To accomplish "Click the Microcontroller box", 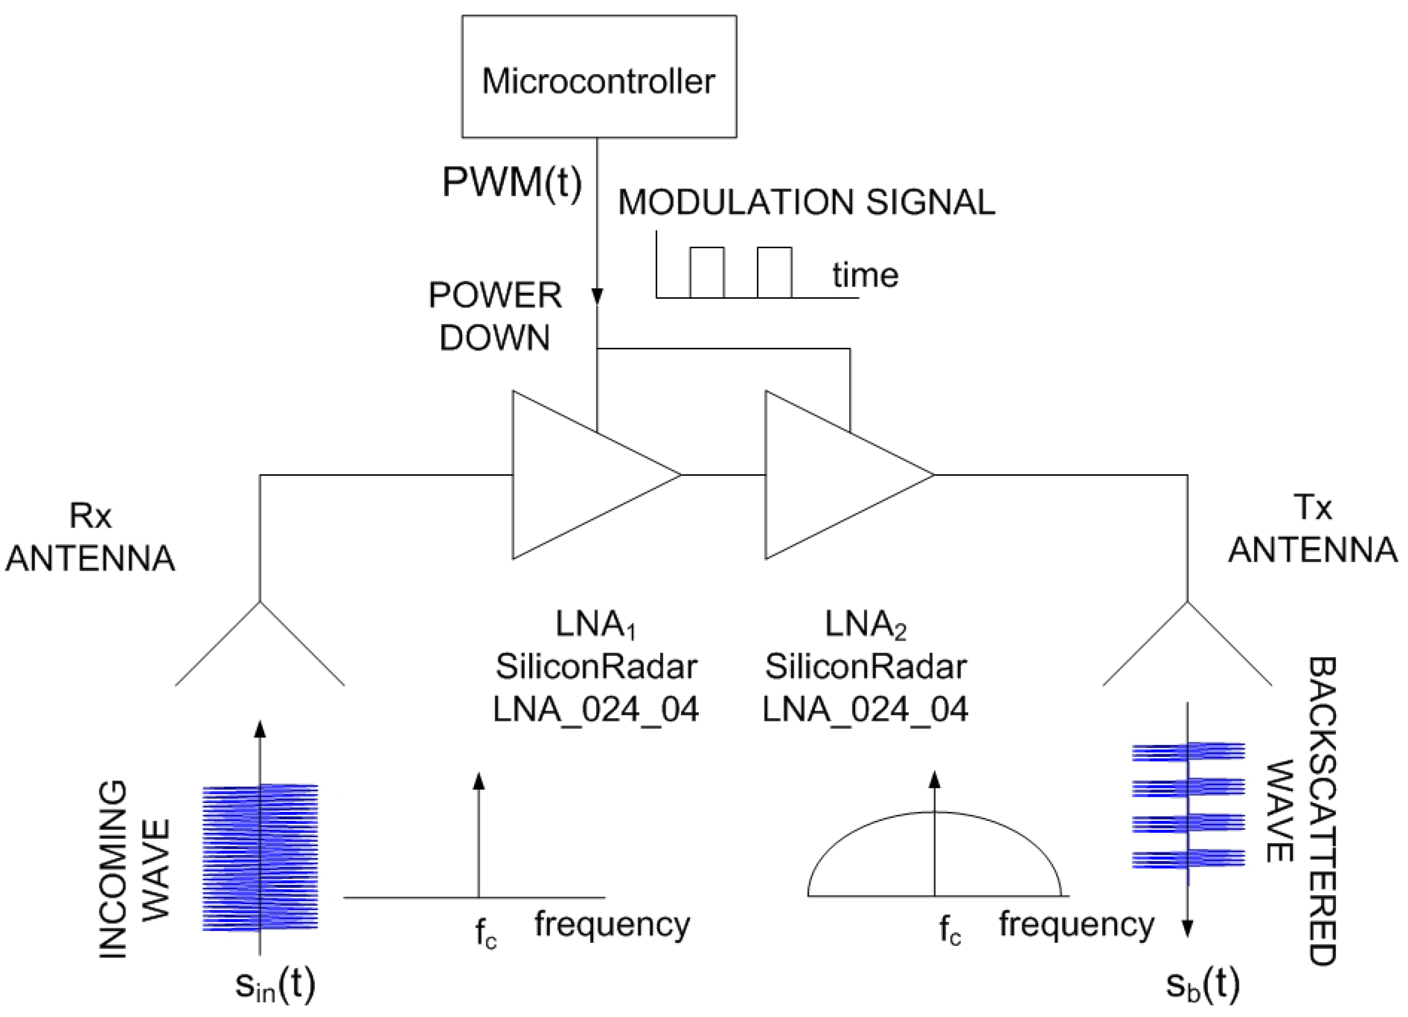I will coord(598,76).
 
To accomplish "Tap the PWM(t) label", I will coord(512,183).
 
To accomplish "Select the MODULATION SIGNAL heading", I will coord(806,202).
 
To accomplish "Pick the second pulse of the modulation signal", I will coord(774,272).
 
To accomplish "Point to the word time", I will coord(865,275).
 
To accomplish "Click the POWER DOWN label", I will coord(495,316).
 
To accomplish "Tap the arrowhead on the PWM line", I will coord(597,296).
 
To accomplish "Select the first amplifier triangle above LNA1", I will coord(577,475).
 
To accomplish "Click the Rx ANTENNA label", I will coord(90,537).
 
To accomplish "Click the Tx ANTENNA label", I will coord(1312,529).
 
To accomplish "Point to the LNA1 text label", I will coord(595,624).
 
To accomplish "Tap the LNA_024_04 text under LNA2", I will coord(865,710).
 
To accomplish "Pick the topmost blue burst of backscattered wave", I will coord(1188,751).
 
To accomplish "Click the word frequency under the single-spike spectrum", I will coord(612,924).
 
